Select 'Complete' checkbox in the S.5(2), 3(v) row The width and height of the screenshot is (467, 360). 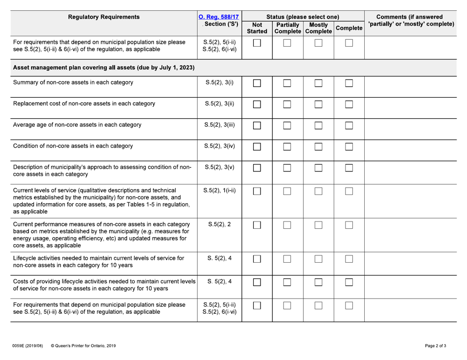point(349,169)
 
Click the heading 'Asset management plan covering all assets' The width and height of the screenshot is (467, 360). point(105,66)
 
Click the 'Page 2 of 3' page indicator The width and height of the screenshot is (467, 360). point(435,346)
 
